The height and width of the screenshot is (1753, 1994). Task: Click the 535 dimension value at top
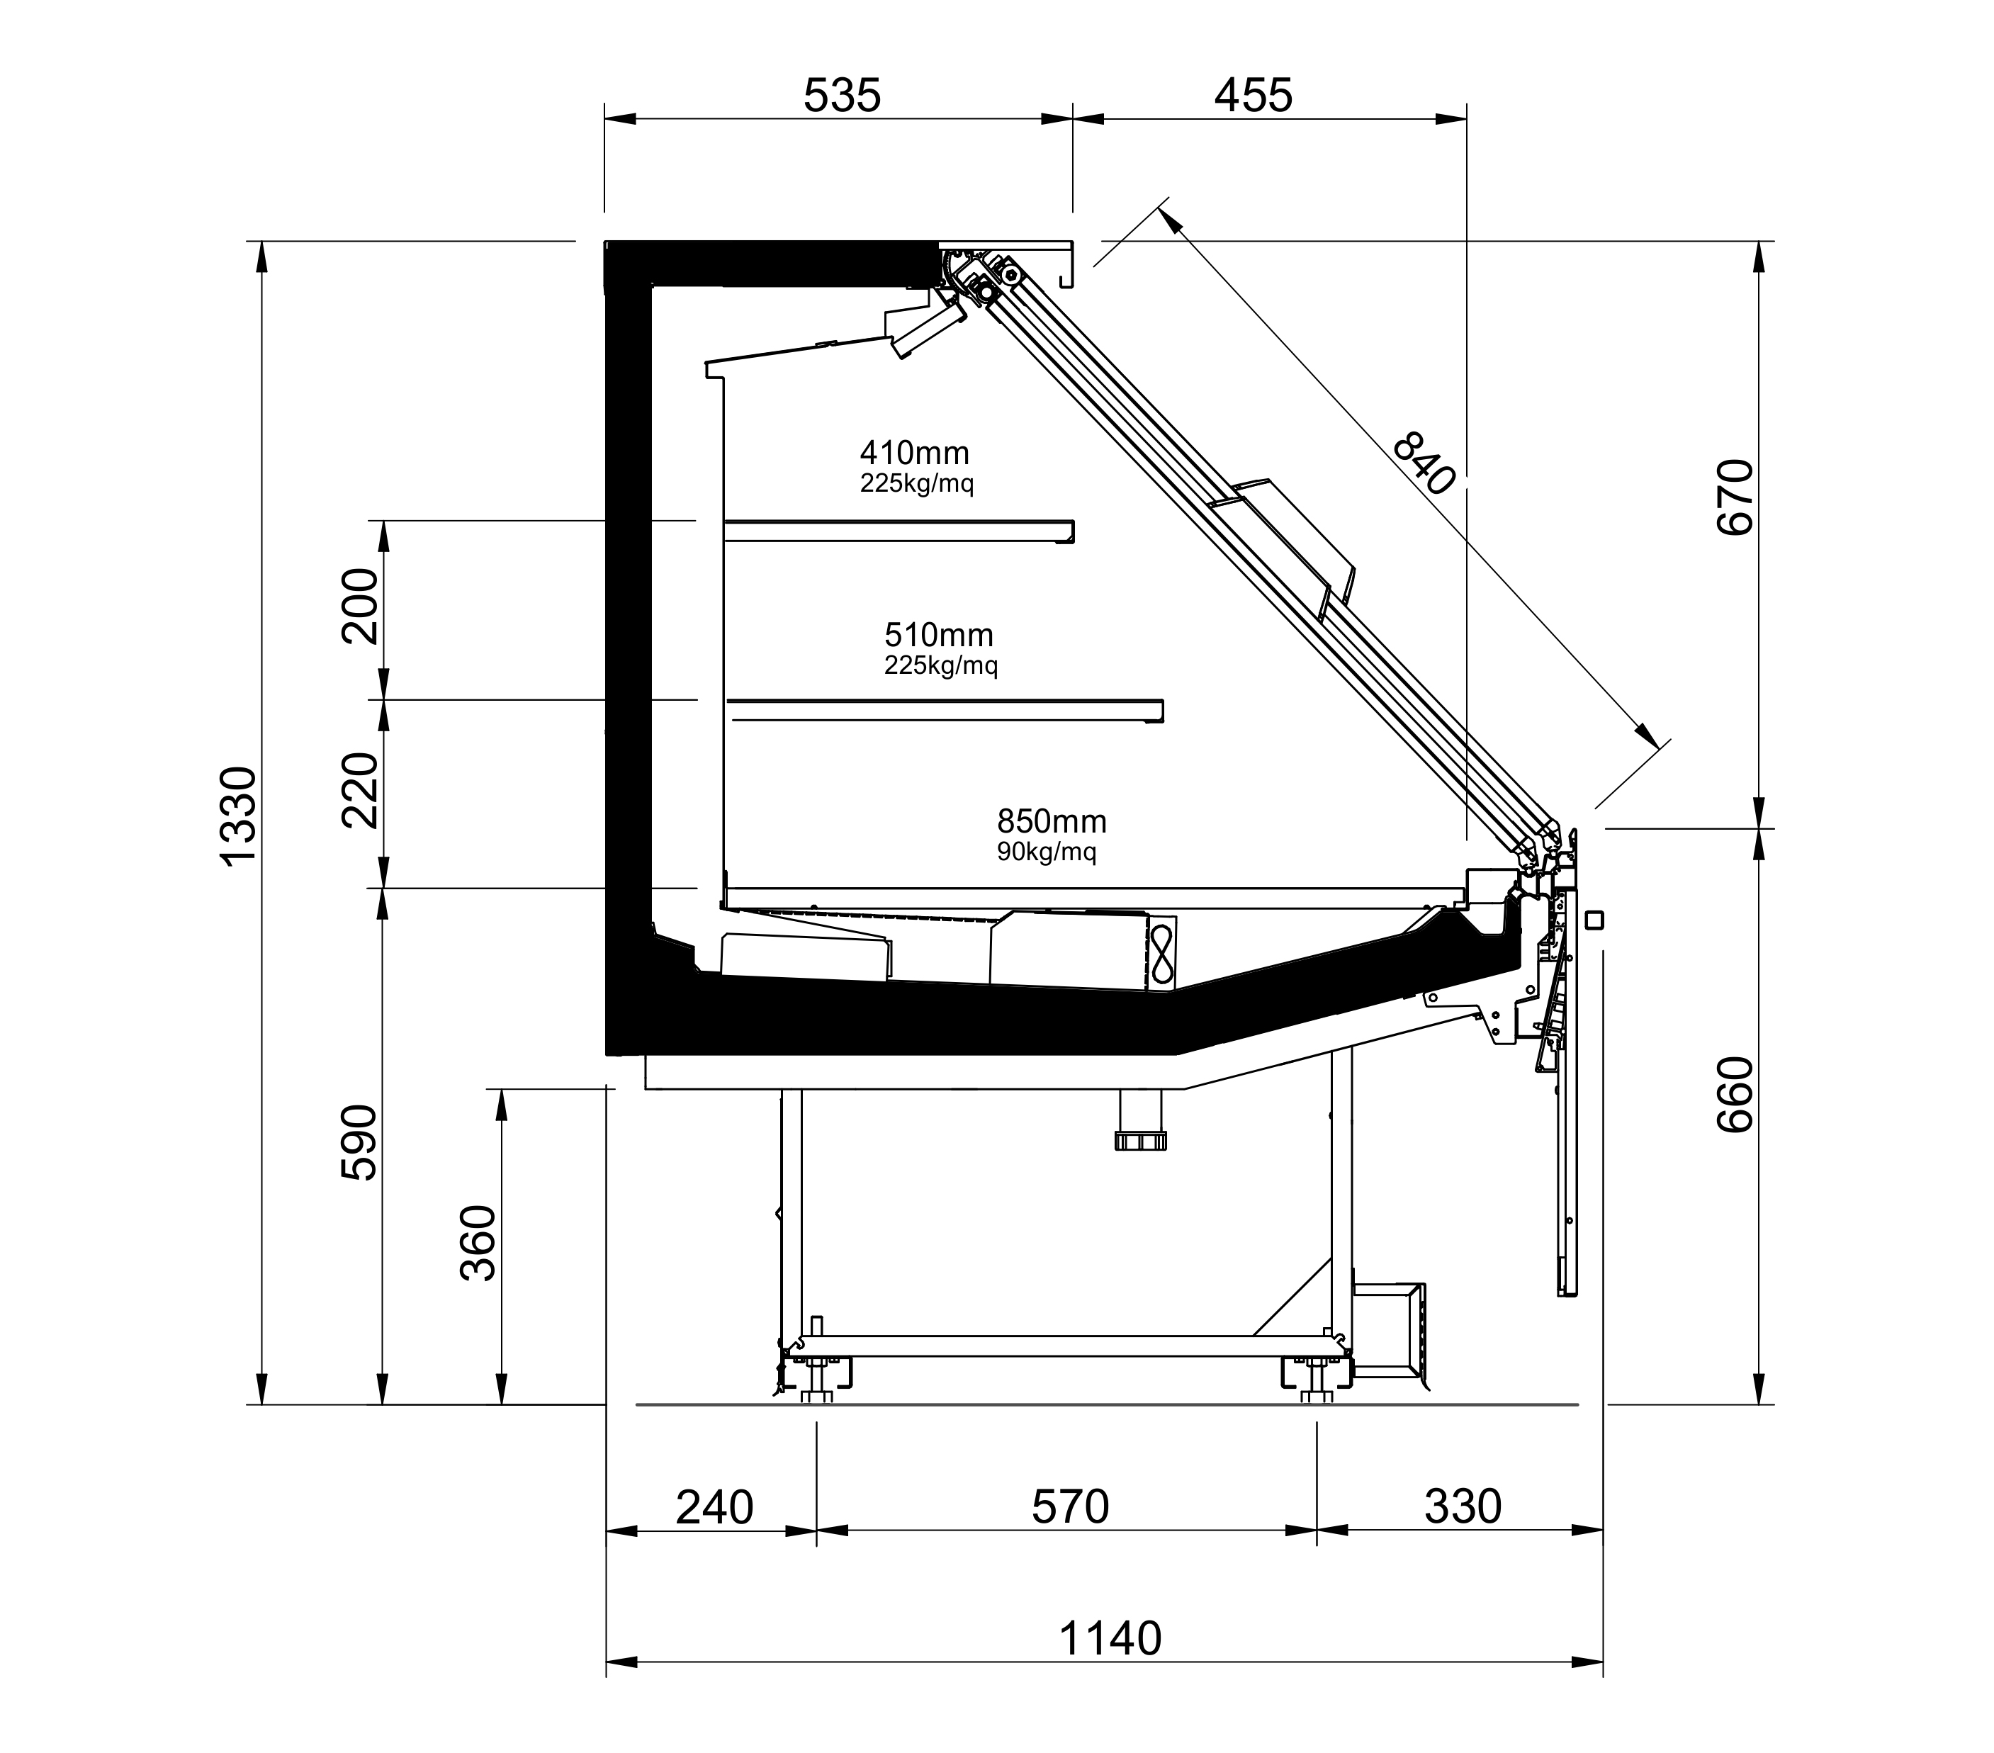(x=842, y=96)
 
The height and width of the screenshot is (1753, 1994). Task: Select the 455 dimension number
(x=1254, y=96)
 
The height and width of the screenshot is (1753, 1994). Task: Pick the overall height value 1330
(x=237, y=816)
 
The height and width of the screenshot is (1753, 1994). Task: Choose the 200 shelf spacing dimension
(x=360, y=606)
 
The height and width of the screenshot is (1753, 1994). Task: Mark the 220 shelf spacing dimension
(x=360, y=790)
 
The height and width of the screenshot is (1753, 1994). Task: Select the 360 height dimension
(x=478, y=1243)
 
